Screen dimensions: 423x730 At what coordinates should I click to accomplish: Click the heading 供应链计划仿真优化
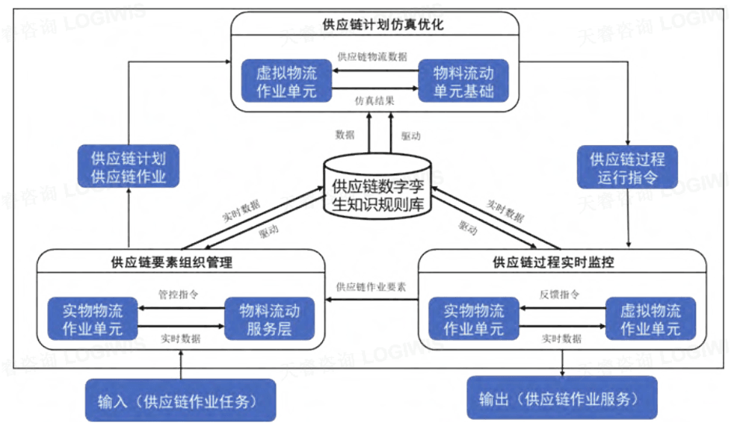(376, 25)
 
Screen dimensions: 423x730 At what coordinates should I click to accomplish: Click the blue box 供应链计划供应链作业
(129, 165)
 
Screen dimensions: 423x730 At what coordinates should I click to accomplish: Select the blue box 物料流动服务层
(269, 320)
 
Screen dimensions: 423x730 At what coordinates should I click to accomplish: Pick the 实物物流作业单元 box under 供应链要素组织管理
(92, 320)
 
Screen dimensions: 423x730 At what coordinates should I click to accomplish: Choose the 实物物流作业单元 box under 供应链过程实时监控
(474, 320)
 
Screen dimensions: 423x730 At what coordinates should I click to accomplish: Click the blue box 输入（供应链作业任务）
(180, 400)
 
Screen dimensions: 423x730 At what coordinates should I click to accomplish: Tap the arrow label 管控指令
(179, 295)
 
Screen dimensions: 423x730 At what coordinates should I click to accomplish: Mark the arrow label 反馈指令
(561, 295)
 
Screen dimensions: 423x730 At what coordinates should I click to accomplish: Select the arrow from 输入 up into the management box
(180, 364)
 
